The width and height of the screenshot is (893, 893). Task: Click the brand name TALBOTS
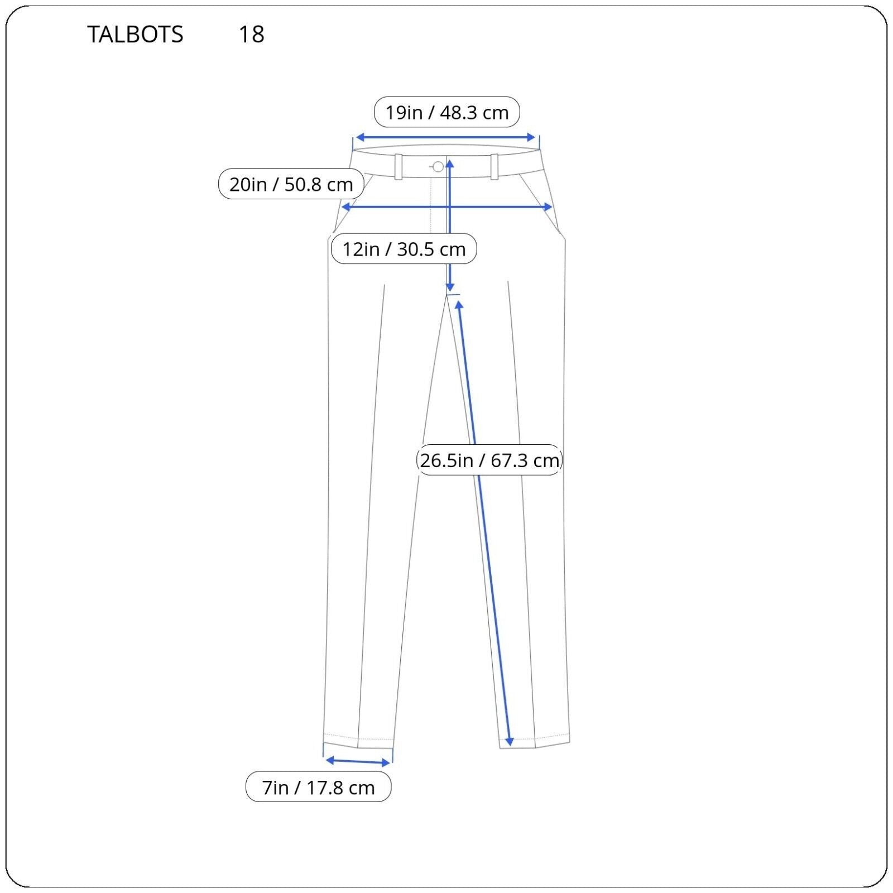click(x=135, y=35)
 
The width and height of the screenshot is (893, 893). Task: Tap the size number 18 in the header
click(x=251, y=35)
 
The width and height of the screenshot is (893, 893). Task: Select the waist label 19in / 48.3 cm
click(x=447, y=112)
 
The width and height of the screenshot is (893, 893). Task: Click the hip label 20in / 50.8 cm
click(x=291, y=184)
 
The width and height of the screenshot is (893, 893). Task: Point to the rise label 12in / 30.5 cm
click(x=404, y=248)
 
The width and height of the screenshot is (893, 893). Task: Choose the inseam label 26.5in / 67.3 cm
click(x=489, y=460)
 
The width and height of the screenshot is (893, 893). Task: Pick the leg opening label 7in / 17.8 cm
click(x=319, y=787)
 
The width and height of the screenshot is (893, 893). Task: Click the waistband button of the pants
click(x=438, y=166)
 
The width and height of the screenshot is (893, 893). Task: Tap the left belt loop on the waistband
click(x=399, y=166)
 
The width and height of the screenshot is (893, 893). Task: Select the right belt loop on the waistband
click(x=494, y=166)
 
